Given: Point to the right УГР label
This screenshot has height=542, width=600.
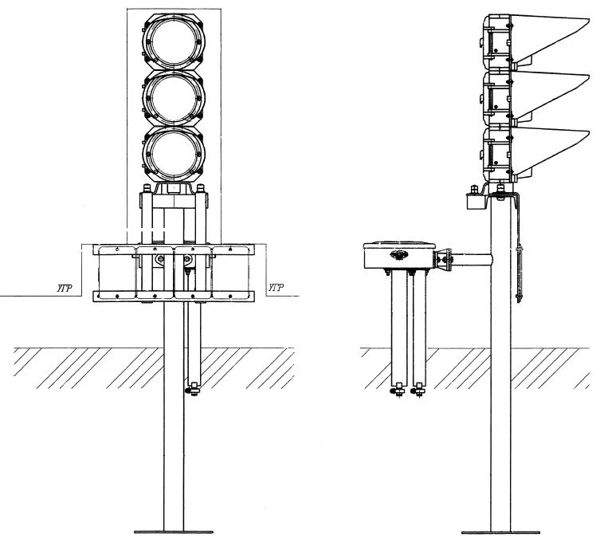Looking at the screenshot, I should (x=275, y=287).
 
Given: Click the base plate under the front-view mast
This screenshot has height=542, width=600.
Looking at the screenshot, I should (x=174, y=532).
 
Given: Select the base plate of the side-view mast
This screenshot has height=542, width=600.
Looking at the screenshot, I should (x=500, y=532).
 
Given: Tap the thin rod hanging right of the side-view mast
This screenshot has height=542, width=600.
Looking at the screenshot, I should (x=521, y=271).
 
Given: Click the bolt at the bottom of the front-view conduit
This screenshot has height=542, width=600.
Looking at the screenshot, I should (x=192, y=390).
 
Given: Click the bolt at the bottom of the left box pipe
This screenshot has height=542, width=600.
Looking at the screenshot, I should (x=396, y=391).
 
